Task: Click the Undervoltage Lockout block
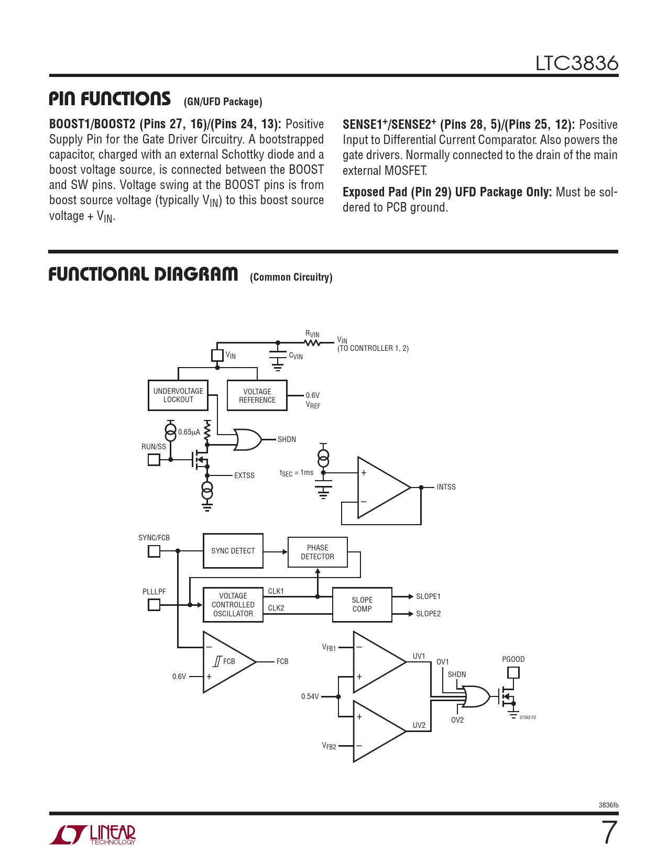(178, 395)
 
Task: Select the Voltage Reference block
(257, 395)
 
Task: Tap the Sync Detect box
(233, 551)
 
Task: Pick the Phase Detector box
(317, 552)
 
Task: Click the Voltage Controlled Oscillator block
(233, 605)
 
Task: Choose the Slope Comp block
(362, 605)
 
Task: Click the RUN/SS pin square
(154, 460)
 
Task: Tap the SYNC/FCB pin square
(154, 551)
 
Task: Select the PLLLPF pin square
(154, 605)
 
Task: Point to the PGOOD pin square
(513, 672)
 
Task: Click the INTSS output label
(446, 487)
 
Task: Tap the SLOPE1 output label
(428, 596)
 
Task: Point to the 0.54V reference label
(310, 696)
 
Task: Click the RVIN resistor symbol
(312, 343)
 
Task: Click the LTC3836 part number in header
(576, 63)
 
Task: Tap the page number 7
(609, 833)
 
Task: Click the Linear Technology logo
(93, 835)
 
